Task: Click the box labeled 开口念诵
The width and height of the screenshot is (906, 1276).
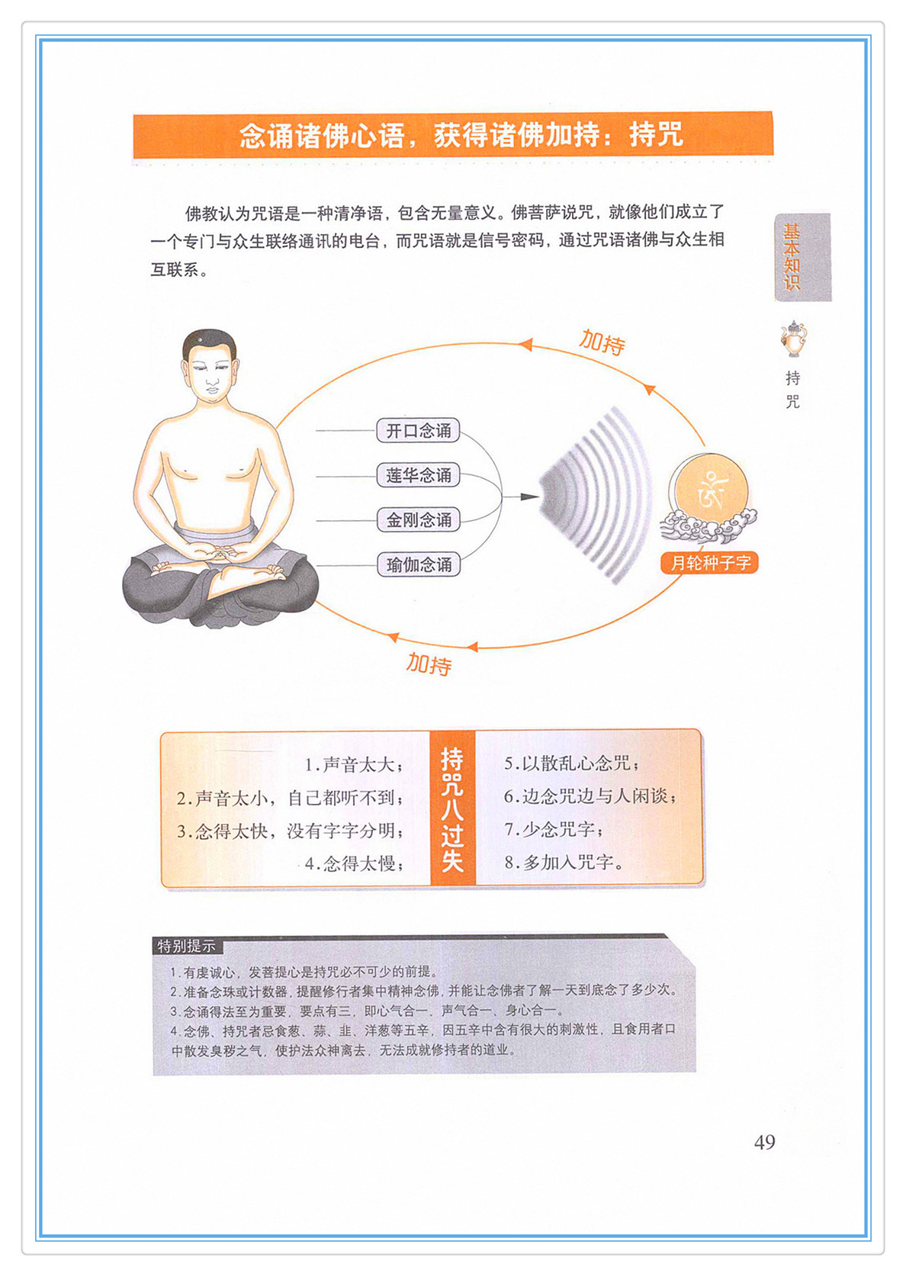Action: click(x=418, y=431)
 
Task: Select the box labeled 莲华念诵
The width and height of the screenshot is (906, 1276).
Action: click(x=418, y=475)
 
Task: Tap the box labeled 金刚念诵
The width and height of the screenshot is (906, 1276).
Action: click(x=418, y=520)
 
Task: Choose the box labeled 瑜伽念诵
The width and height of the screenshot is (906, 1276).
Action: click(x=418, y=565)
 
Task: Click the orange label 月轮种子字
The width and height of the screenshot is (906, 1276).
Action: click(x=709, y=563)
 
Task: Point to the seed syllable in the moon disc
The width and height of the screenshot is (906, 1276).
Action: click(x=712, y=490)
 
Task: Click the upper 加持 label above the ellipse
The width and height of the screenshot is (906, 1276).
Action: click(x=602, y=342)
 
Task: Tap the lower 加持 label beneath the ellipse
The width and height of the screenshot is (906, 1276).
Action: click(x=429, y=664)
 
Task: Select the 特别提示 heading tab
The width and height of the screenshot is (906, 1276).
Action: click(x=187, y=947)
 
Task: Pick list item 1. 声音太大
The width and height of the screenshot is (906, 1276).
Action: click(x=354, y=764)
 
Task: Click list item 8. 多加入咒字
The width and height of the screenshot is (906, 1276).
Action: click(x=563, y=863)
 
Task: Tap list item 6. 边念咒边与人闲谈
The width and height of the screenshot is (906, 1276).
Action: click(x=590, y=795)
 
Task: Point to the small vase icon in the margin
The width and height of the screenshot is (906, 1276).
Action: click(x=793, y=338)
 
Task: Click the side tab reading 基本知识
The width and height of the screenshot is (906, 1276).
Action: click(x=802, y=257)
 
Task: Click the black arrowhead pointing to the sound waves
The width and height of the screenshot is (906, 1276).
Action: click(x=529, y=497)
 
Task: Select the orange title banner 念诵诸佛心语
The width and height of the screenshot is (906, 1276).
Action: click(x=453, y=136)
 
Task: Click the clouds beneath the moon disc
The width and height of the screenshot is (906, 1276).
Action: click(x=708, y=527)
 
